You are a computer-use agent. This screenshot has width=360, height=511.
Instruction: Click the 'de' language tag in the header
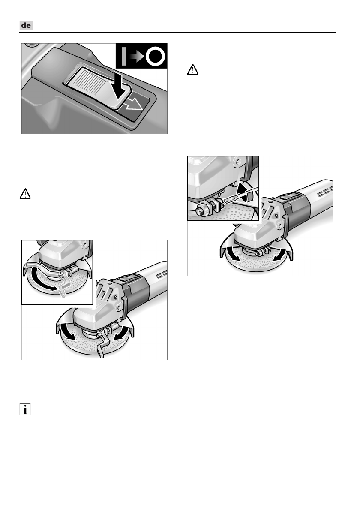point(26,25)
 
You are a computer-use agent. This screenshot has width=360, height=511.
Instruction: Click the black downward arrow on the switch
point(120,86)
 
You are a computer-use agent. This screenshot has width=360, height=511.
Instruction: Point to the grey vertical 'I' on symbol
point(123,57)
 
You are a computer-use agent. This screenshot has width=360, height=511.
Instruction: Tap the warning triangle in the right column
point(192,70)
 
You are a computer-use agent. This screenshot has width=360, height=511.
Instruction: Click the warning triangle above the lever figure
point(25,194)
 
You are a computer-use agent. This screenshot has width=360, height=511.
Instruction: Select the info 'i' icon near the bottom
point(25,409)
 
